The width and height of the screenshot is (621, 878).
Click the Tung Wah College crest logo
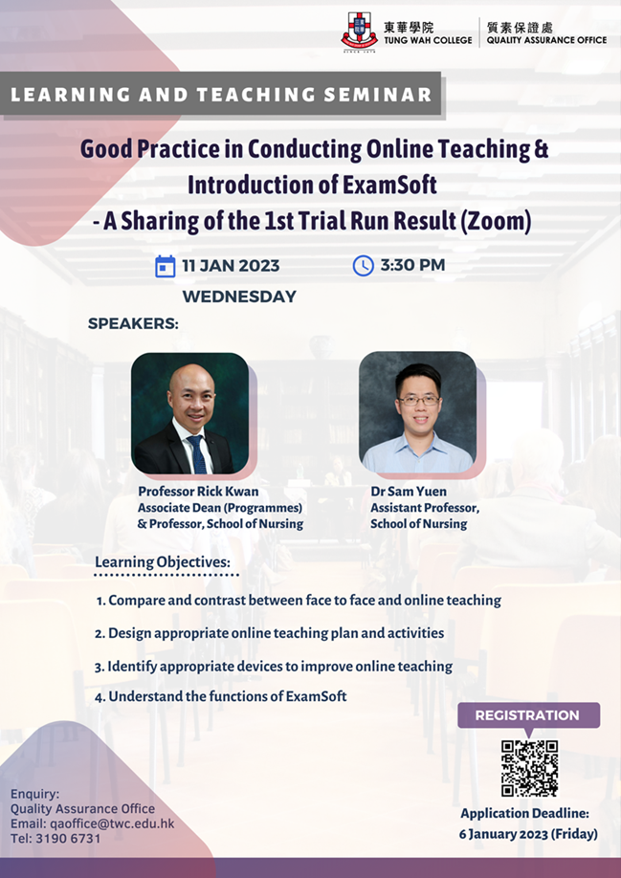coord(359,32)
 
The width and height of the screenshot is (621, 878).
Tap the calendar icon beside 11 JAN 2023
coord(166,266)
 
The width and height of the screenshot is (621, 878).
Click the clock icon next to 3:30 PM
coord(363,266)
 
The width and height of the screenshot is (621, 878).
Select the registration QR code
coord(530,768)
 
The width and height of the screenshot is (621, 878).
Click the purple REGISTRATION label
coord(528,715)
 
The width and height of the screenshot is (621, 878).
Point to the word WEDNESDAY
coord(239,296)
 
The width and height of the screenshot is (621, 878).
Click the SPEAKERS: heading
coord(133,324)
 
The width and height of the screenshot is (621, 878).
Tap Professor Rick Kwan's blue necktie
coord(197,453)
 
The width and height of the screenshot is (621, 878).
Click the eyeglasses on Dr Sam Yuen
coord(418,400)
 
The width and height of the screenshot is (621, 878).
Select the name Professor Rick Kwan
coord(198,492)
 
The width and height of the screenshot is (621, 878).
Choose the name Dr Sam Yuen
coord(409,492)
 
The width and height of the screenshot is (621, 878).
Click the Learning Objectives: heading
coord(163,561)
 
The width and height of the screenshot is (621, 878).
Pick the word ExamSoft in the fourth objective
coord(317,696)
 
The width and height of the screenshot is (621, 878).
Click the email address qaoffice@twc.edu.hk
coord(112,823)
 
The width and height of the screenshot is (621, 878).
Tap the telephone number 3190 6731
coord(65,838)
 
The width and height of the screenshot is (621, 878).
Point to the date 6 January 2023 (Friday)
coord(528,834)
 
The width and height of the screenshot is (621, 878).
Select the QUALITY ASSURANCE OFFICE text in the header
coord(546,40)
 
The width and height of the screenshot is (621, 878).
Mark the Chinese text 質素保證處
coord(521,28)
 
